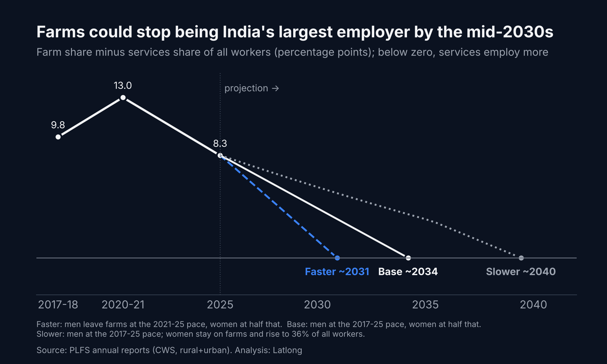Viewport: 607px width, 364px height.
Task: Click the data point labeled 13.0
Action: [x=123, y=97]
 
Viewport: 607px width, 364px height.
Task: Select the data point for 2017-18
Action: [x=58, y=137]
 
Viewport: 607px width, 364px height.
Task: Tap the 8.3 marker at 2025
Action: [x=220, y=155]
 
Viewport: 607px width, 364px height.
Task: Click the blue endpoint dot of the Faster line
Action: [x=337, y=258]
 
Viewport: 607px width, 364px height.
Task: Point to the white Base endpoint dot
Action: [x=408, y=258]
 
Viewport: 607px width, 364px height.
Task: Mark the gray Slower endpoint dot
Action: [x=521, y=258]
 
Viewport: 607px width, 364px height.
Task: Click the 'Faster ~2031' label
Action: [x=337, y=271]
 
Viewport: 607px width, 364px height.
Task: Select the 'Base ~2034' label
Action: [x=408, y=271]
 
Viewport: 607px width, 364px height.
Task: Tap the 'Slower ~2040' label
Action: [x=521, y=271]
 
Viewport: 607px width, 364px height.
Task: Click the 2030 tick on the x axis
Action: [x=317, y=305]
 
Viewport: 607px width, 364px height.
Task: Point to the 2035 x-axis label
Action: [x=425, y=305]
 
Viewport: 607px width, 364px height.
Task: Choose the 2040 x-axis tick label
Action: [x=533, y=305]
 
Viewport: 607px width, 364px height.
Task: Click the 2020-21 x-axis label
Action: [x=123, y=305]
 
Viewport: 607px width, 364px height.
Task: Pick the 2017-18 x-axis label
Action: [x=58, y=305]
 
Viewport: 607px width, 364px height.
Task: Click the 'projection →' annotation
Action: [x=252, y=88]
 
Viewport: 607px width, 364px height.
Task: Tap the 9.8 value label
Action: [x=58, y=125]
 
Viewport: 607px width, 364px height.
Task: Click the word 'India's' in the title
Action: [x=248, y=32]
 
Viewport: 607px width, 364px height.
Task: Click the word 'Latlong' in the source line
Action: [x=287, y=350]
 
